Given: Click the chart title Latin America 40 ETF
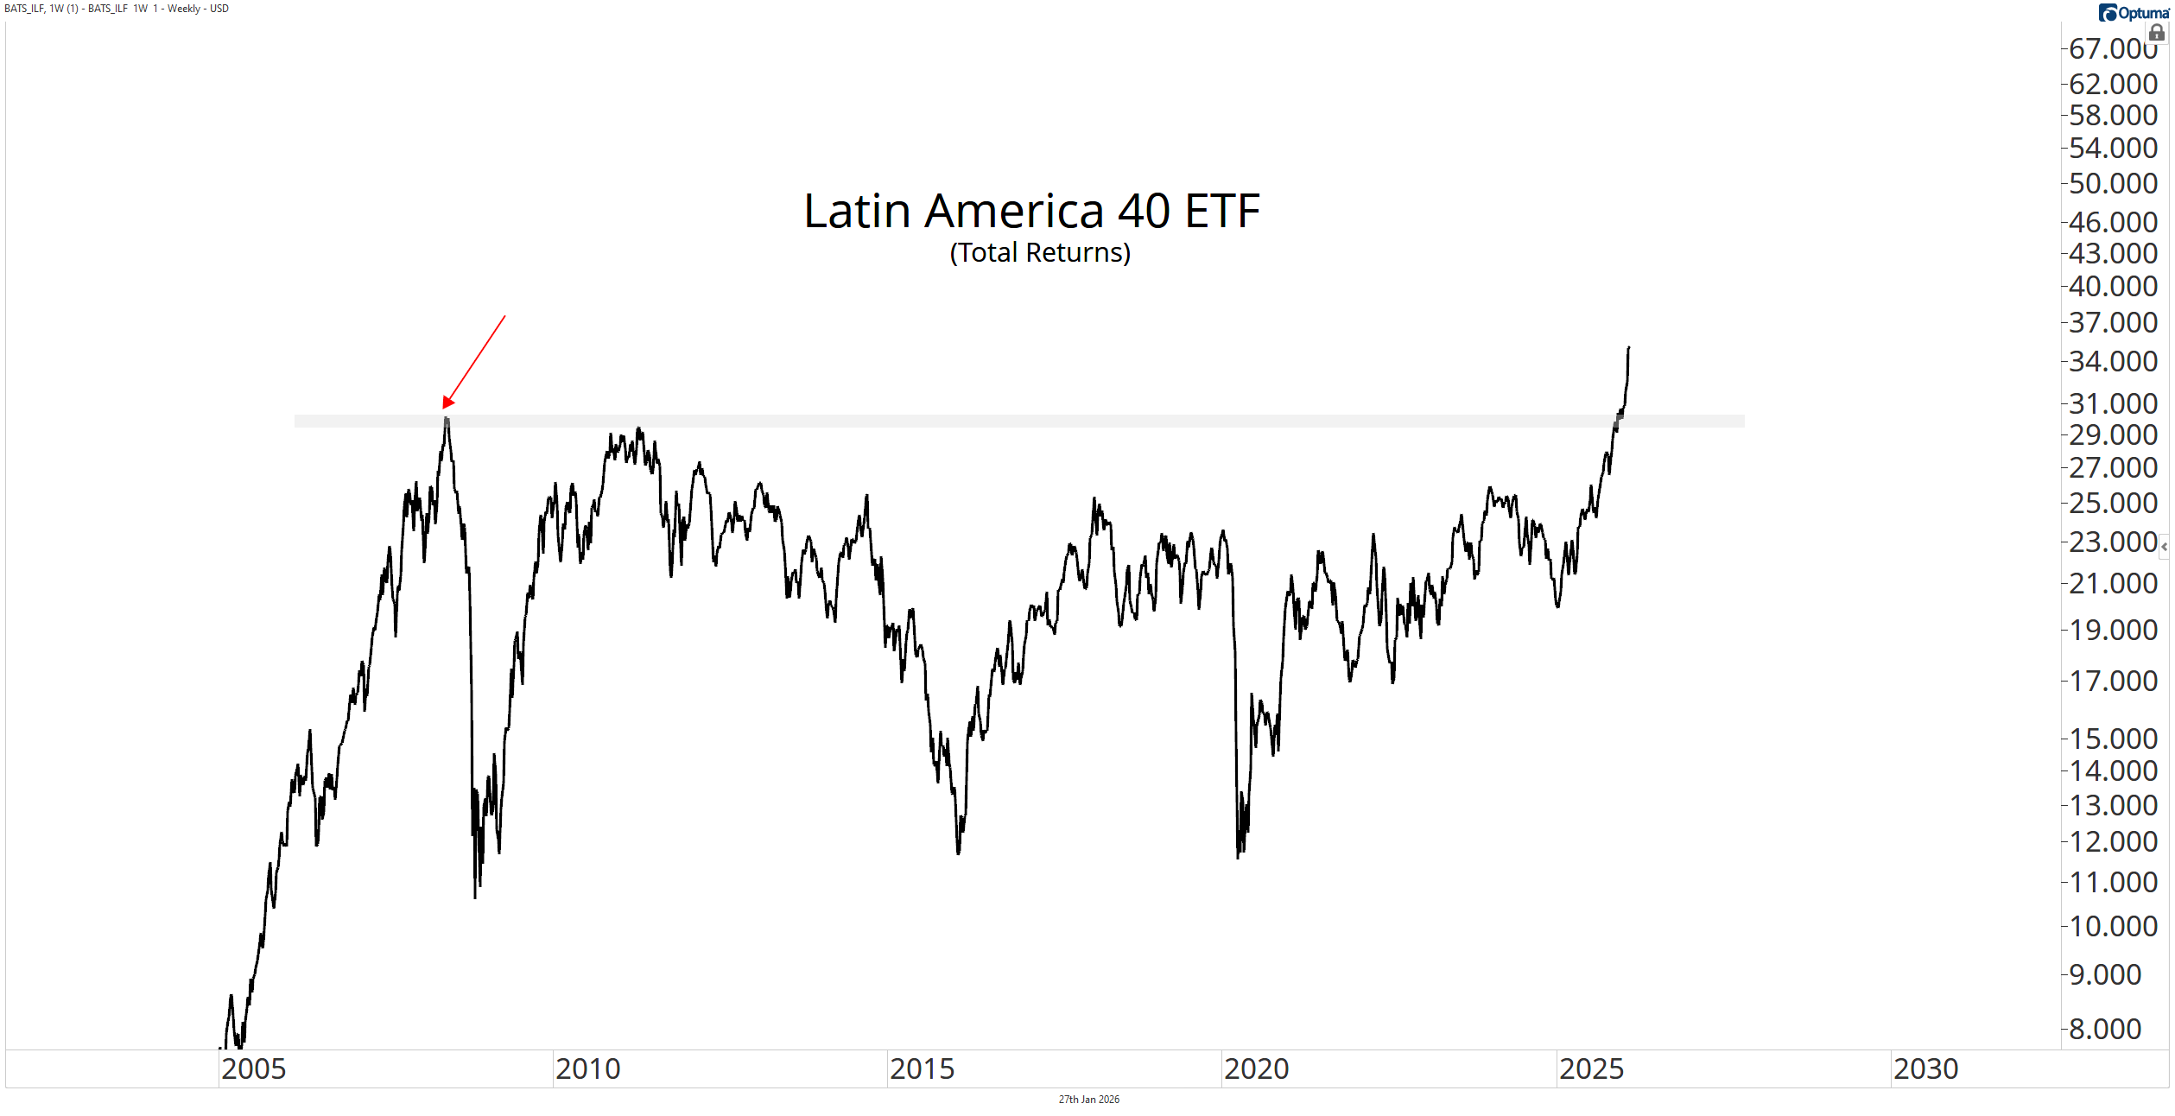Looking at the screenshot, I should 1031,211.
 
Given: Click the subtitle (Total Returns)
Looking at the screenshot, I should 1040,252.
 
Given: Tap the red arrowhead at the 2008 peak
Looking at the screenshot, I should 447,402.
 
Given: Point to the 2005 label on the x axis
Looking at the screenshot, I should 253,1068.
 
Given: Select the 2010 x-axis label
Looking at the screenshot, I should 587,1068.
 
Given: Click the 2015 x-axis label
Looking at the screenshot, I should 922,1068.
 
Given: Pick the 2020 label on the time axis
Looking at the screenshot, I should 1256,1068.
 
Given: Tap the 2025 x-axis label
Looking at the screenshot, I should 1591,1068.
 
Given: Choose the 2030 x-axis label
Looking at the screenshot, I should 1925,1068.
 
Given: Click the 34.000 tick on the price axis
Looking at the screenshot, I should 2113,361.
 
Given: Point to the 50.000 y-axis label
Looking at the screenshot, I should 2113,183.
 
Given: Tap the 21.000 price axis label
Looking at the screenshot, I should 2113,583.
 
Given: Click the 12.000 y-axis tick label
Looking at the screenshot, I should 2113,841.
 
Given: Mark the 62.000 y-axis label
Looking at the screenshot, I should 2113,84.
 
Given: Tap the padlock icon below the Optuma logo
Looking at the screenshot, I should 2157,34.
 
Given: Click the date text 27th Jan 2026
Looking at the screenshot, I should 1088,1100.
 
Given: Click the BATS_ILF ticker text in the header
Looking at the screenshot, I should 24,9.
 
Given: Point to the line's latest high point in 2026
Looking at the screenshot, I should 1628,348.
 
